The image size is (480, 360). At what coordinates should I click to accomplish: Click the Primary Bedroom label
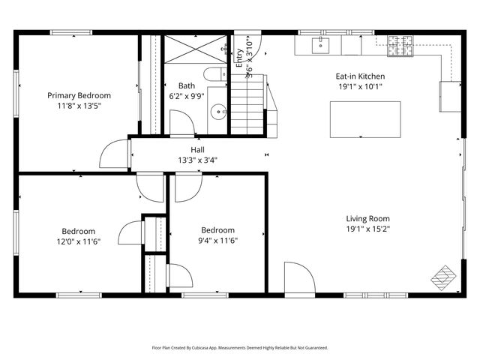[79, 95]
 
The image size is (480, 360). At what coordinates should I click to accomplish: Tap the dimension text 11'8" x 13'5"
[79, 106]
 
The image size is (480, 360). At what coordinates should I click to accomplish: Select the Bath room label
[187, 85]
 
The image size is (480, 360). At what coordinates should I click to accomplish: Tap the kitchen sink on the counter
[321, 45]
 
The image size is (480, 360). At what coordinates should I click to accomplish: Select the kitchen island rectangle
[364, 119]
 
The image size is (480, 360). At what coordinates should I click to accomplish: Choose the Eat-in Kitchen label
[359, 76]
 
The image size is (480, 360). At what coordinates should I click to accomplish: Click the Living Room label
[367, 218]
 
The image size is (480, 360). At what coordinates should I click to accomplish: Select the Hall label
[197, 149]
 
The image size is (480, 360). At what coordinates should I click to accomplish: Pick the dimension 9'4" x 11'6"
[217, 241]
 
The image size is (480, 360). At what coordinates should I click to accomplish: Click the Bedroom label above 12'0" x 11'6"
[78, 231]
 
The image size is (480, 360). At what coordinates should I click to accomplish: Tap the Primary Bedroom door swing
[115, 155]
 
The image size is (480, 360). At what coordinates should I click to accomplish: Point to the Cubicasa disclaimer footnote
[240, 348]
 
